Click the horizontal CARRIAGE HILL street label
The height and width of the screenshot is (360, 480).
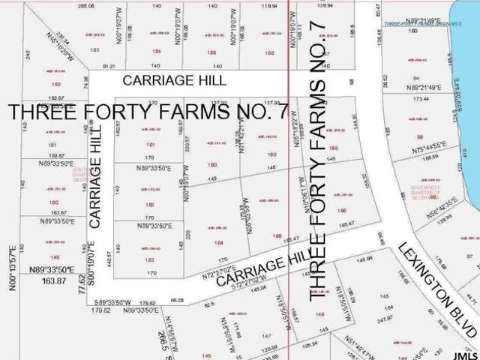coord(174,79)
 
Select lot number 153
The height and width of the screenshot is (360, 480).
coord(94,50)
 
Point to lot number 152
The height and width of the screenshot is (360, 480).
coord(55,85)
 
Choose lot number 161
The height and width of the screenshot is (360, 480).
coord(150,144)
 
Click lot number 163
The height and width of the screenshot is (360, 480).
coord(150,259)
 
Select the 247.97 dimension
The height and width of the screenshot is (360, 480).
coord(385,319)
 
